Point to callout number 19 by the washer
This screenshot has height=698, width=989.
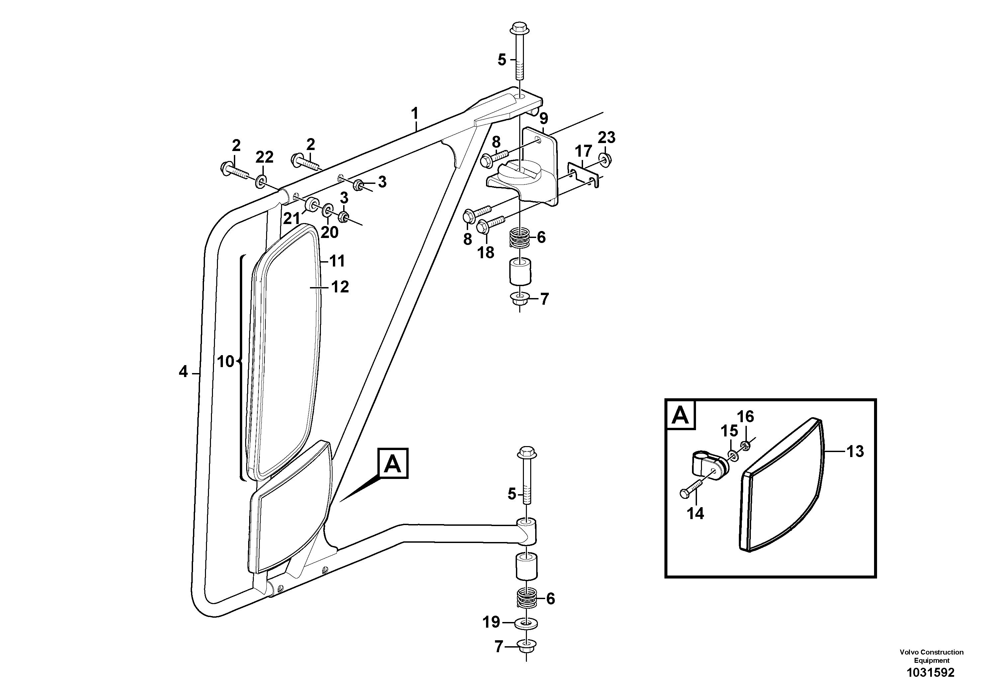tap(491, 622)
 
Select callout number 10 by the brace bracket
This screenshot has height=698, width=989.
tap(225, 361)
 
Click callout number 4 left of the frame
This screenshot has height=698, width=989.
tap(183, 371)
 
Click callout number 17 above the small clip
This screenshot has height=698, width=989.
tap(583, 151)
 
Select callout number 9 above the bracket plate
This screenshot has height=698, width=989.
tap(543, 118)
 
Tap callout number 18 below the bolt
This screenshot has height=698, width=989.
tap(486, 253)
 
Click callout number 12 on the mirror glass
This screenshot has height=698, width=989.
tap(340, 287)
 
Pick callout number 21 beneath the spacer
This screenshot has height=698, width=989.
tap(291, 219)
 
